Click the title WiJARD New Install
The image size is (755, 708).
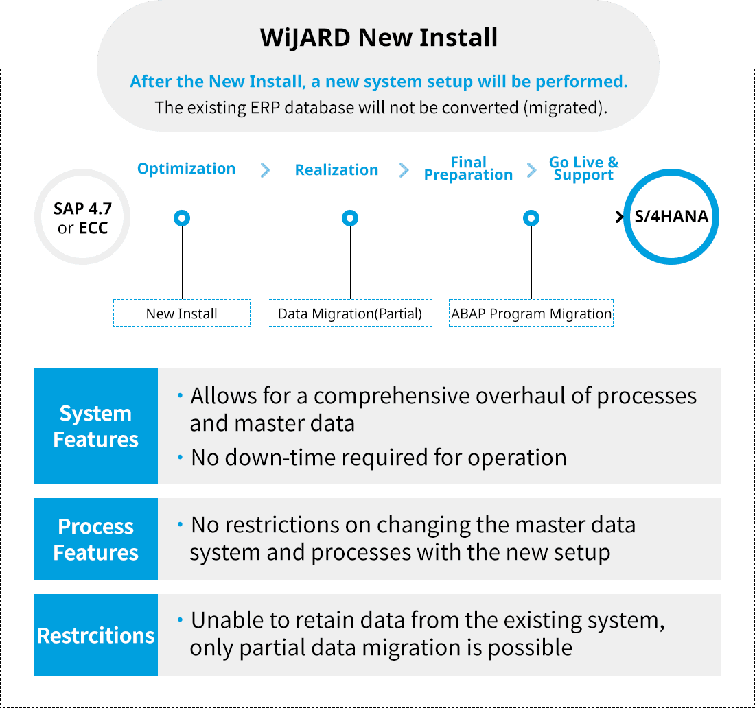379,38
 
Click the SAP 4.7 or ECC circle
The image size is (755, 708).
82,218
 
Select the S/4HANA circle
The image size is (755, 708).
671,217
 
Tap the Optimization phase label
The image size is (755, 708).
186,169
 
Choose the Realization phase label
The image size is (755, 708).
336,170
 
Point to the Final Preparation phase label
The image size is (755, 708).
468,169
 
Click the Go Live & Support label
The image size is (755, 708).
583,169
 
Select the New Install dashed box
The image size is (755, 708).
182,314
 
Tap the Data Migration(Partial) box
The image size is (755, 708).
350,314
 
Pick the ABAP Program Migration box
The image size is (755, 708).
531,314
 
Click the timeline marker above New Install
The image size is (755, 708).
182,218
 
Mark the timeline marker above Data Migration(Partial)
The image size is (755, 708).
350,218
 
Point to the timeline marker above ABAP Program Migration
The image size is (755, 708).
531,218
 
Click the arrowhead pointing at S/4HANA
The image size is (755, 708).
618,218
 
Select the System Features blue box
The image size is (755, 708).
96,426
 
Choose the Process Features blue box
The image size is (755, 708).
96,539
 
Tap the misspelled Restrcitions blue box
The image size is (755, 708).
96,635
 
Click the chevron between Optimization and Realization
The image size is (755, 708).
266,170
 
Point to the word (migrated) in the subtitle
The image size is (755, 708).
564,108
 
